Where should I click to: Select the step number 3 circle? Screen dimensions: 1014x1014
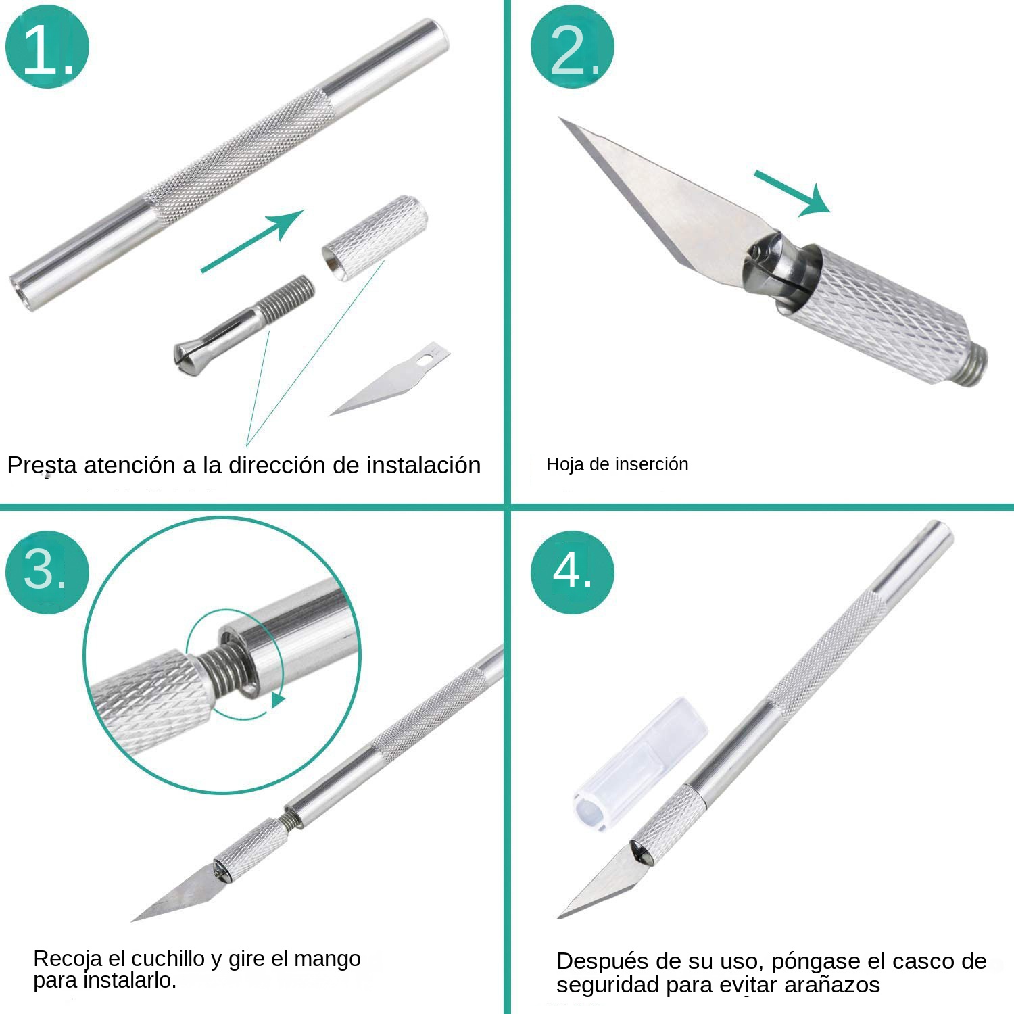click(x=47, y=572)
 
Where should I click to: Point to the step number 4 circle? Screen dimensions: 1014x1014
click(x=572, y=572)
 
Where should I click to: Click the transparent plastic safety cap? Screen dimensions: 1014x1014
click(x=639, y=764)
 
